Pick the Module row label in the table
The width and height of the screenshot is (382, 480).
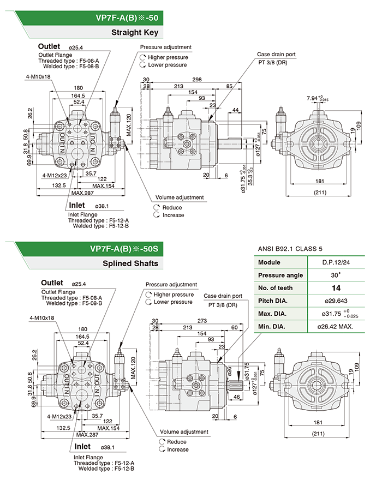point(268,262)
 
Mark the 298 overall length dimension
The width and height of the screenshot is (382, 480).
point(192,80)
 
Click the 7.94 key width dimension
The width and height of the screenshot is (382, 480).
point(312,98)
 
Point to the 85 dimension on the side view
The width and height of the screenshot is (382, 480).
point(229,86)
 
